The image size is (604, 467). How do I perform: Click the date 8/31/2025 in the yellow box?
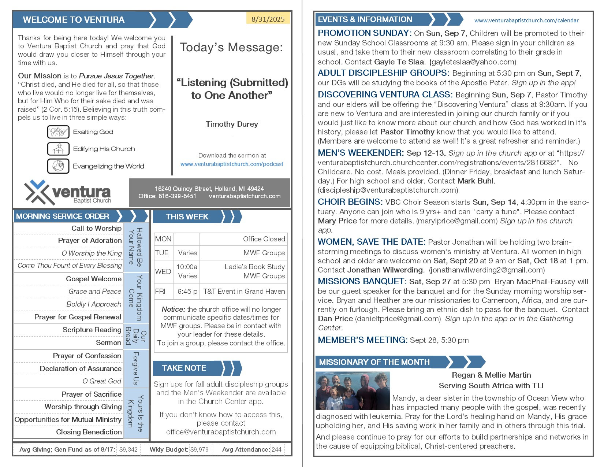[x=268, y=19]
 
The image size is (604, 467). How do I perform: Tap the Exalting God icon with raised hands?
[x=58, y=132]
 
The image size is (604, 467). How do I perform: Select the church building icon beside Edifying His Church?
[x=58, y=149]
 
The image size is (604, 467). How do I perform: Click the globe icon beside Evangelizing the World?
[x=58, y=166]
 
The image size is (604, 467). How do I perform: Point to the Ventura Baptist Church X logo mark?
[x=37, y=192]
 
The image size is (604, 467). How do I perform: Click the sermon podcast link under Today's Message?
[x=232, y=164]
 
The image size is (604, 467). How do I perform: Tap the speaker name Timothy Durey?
[x=232, y=124]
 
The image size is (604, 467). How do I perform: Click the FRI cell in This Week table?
[x=160, y=292]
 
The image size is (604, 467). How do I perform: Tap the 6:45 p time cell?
[x=187, y=292]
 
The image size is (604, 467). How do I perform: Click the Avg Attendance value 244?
[x=277, y=449]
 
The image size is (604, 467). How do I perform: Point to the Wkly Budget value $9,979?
[x=200, y=449]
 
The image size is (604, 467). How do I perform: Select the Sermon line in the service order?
[x=109, y=343]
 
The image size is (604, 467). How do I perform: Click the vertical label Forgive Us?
[x=136, y=368]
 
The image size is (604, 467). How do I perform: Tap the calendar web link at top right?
[x=526, y=21]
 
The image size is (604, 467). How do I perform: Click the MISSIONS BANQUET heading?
[x=362, y=281]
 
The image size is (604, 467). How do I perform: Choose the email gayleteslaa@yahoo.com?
[x=473, y=62]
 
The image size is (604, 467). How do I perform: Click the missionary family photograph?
[x=353, y=390]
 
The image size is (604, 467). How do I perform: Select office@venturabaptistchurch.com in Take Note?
[x=221, y=432]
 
